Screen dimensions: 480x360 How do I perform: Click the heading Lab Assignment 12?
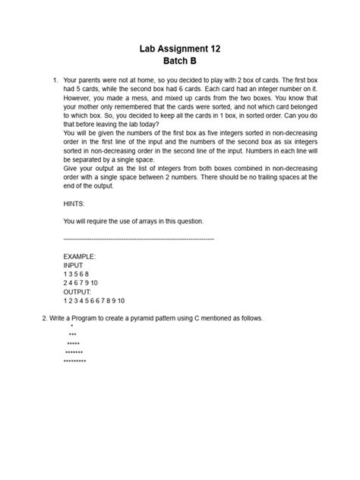[180, 48]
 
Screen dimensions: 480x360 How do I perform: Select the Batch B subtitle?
[180, 61]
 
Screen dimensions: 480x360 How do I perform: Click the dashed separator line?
[139, 238]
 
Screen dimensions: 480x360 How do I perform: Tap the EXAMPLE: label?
[80, 257]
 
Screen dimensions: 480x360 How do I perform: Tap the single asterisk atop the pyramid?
[72, 327]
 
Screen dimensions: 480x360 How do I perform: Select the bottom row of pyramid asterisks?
[74, 361]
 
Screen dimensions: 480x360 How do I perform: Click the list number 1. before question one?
[54, 79]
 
